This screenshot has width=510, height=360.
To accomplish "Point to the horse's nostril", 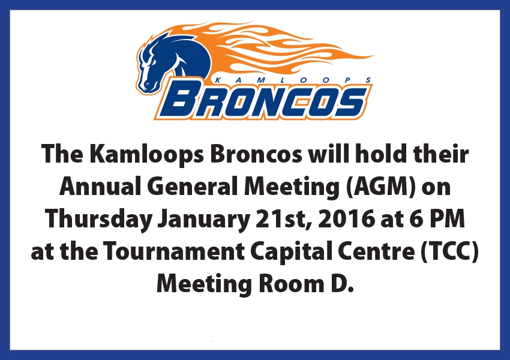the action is [x=146, y=85].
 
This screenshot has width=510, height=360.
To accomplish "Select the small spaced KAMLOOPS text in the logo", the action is [x=293, y=80].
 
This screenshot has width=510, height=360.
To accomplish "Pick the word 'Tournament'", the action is [x=174, y=252].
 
